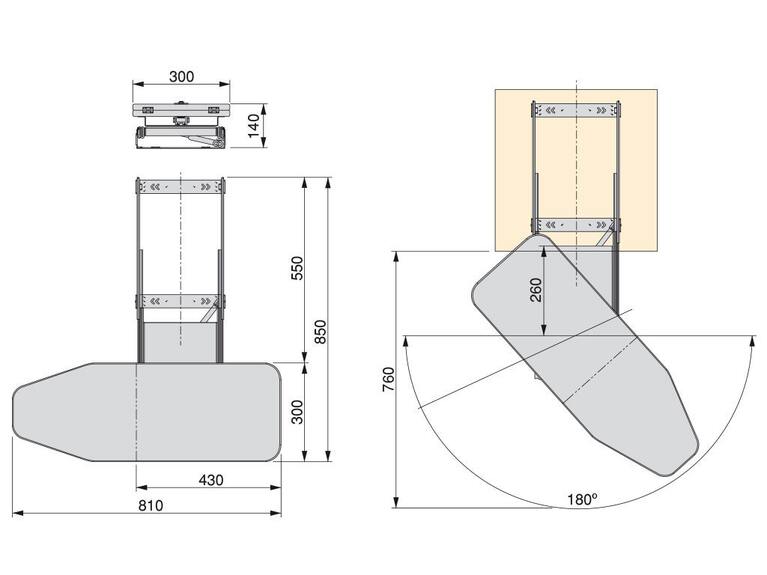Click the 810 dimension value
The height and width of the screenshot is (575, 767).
click(x=151, y=506)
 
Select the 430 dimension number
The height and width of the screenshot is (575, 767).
click(x=211, y=480)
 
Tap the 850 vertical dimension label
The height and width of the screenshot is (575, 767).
click(x=320, y=332)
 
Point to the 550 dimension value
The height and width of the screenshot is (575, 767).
click(x=297, y=268)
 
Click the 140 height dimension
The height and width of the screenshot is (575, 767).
click(x=254, y=126)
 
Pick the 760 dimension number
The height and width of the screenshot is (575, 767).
click(x=388, y=379)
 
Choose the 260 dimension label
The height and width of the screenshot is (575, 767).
click(x=536, y=290)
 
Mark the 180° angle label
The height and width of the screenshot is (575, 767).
click(x=583, y=500)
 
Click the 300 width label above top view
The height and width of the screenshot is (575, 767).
click(x=181, y=76)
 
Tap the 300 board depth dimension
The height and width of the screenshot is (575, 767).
click(x=297, y=412)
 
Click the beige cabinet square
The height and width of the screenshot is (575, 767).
click(x=576, y=170)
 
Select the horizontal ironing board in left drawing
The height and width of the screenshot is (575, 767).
click(x=147, y=412)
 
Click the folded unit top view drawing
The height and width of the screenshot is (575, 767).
click(x=181, y=125)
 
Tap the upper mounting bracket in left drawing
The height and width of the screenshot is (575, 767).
click(x=180, y=186)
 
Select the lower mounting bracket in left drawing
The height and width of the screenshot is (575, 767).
click(x=180, y=301)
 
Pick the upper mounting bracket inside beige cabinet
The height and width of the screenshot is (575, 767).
click(x=576, y=110)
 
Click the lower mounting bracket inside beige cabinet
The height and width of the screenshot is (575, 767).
click(x=576, y=225)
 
